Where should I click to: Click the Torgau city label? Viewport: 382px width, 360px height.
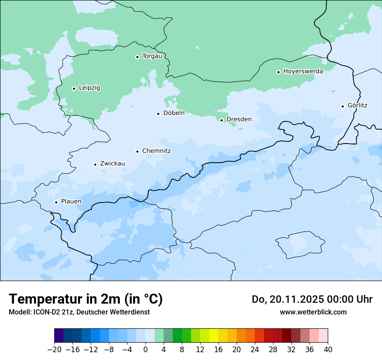[152, 56]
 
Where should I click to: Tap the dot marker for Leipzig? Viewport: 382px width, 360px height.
[74, 88]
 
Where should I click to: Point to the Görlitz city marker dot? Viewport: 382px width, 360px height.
[342, 106]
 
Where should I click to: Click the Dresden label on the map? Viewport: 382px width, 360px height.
[239, 119]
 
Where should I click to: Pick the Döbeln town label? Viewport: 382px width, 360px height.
[174, 113]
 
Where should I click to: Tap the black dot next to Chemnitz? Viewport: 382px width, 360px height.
[137, 151]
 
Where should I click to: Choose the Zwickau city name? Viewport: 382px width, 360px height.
[112, 164]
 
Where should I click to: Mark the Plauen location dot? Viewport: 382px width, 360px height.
[56, 202]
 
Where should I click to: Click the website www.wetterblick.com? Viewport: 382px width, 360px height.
[313, 312]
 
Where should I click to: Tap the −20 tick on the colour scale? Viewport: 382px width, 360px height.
[54, 350]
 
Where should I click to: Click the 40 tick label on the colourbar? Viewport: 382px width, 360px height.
[328, 350]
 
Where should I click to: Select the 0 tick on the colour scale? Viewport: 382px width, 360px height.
[145, 350]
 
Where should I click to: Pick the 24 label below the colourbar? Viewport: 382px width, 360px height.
[255, 350]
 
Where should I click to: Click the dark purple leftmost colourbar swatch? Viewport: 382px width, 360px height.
[59, 336]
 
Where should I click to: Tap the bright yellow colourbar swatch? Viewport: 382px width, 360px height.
[214, 336]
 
